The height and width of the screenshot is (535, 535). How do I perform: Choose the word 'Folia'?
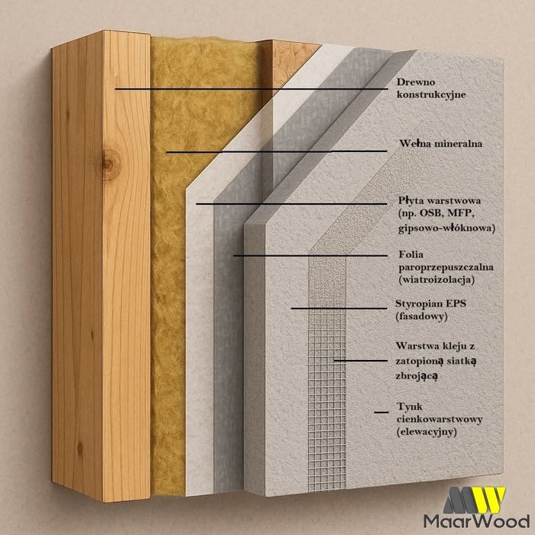[411, 254]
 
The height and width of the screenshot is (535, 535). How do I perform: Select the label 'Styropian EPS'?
[431, 303]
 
